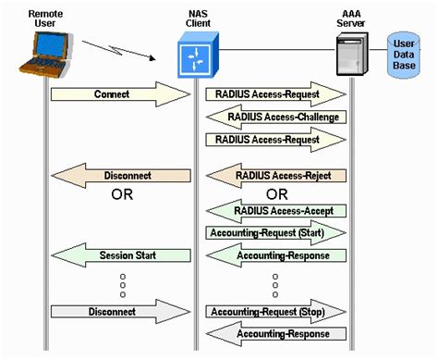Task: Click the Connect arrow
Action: tap(119, 94)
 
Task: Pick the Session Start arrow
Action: tap(119, 254)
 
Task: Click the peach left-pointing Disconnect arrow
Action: tap(119, 175)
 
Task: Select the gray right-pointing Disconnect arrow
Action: tap(119, 312)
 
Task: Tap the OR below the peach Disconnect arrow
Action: tap(122, 195)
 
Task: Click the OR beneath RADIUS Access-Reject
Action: tap(276, 194)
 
